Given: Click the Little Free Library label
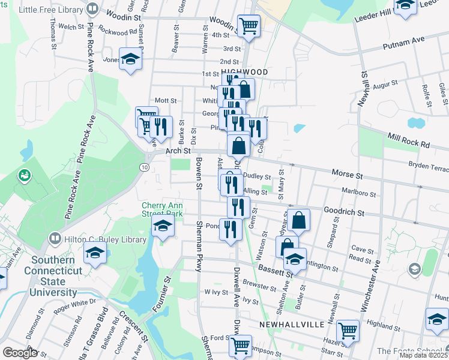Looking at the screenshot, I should pos(51,9).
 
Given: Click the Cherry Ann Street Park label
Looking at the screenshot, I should pos(161,208).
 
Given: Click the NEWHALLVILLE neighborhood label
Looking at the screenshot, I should pos(292,324).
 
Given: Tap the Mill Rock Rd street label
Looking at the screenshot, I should pos(408,140).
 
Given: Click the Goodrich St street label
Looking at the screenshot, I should pos(344,212).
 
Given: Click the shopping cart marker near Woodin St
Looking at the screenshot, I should pos(248,25).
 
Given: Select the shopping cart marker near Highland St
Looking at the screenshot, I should pos(348,330).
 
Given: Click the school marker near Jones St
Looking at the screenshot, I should pos(130,59).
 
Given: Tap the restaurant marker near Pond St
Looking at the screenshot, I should pos(231,229).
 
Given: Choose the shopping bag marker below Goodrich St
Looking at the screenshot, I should pos(298,220).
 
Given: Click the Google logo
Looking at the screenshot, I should pos(19,353).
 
